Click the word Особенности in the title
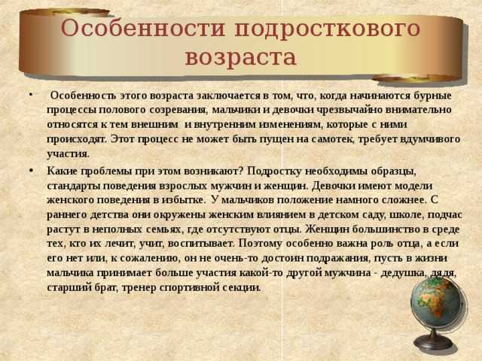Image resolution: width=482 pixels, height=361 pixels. coord(143,29)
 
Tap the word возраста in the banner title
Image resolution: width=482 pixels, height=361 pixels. coord(241,58)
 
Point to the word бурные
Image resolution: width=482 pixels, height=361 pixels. coord(433,96)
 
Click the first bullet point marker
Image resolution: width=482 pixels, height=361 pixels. coord(31,94)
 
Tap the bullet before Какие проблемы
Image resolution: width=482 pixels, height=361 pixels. coord(31,170)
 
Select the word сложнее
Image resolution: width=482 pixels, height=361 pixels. coord(404,201)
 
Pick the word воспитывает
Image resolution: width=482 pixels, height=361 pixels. coord(202,244)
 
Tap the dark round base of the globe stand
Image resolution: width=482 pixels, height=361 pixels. coord(434,343)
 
